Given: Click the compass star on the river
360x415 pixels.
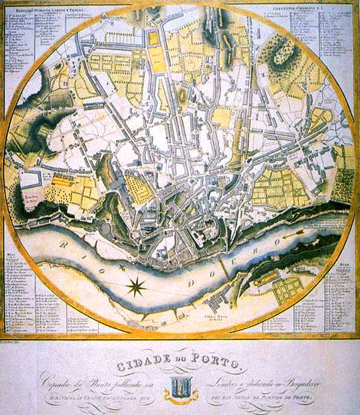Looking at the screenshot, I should pos(135,287).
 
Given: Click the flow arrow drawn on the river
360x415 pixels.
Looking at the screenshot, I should pos(296,234).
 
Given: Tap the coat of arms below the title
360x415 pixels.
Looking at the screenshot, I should pos(180,387).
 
